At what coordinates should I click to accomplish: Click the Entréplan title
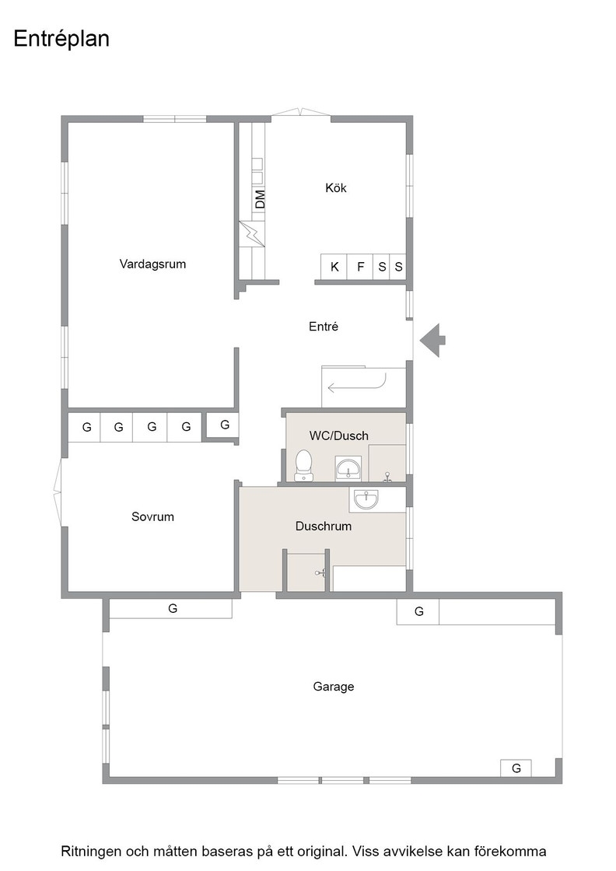[x=61, y=39]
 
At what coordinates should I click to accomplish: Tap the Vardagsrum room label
[x=152, y=264]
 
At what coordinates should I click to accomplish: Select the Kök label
[x=335, y=187]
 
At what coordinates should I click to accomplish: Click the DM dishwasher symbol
[x=259, y=199]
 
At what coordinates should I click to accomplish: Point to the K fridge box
[x=334, y=267]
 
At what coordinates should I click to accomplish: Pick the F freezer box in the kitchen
[x=360, y=267]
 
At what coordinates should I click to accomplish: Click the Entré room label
[x=324, y=327]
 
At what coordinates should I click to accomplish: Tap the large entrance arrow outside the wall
[x=432, y=340]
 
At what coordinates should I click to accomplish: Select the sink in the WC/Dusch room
[x=348, y=468]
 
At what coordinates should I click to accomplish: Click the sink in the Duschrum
[x=366, y=498]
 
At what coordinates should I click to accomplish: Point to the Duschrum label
[x=324, y=526]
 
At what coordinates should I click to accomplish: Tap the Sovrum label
[x=152, y=516]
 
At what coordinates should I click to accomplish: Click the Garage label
[x=333, y=687]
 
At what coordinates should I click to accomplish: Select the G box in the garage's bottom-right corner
[x=516, y=768]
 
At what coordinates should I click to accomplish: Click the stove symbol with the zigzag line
[x=252, y=234]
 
